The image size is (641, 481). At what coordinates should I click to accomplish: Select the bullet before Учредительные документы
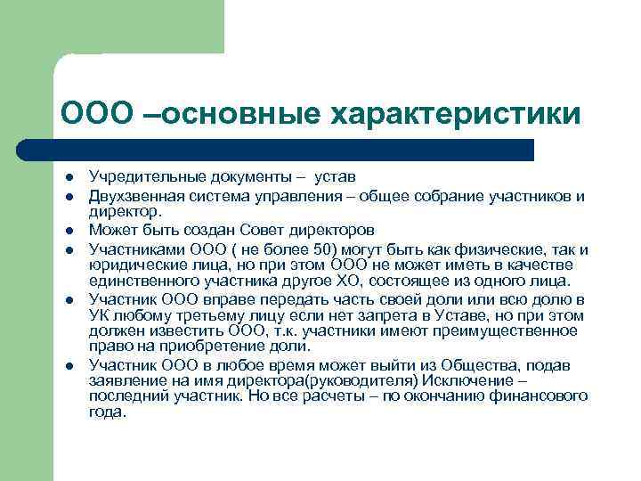coord(67,178)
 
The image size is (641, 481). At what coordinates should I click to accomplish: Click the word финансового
coord(540,396)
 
